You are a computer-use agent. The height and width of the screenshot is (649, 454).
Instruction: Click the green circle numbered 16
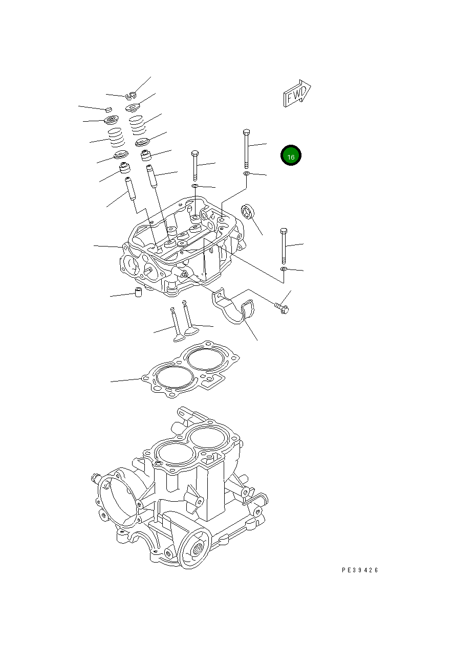click(291, 156)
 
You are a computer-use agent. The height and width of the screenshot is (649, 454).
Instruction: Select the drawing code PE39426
click(360, 570)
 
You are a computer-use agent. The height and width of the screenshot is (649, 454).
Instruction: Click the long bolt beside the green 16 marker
click(246, 148)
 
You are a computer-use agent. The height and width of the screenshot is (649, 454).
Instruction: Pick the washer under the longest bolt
click(246, 174)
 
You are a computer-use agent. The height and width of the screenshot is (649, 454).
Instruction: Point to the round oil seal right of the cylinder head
click(248, 211)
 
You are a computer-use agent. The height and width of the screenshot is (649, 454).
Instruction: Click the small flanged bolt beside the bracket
click(282, 308)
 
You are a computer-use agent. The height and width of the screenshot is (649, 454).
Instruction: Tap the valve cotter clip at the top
click(132, 95)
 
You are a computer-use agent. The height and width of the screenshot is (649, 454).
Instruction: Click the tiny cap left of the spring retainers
click(108, 109)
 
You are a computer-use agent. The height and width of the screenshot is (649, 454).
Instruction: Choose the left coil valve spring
click(116, 138)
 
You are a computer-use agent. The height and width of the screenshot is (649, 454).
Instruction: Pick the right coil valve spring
click(137, 125)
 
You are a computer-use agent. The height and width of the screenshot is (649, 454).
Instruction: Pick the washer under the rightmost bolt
click(284, 268)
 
